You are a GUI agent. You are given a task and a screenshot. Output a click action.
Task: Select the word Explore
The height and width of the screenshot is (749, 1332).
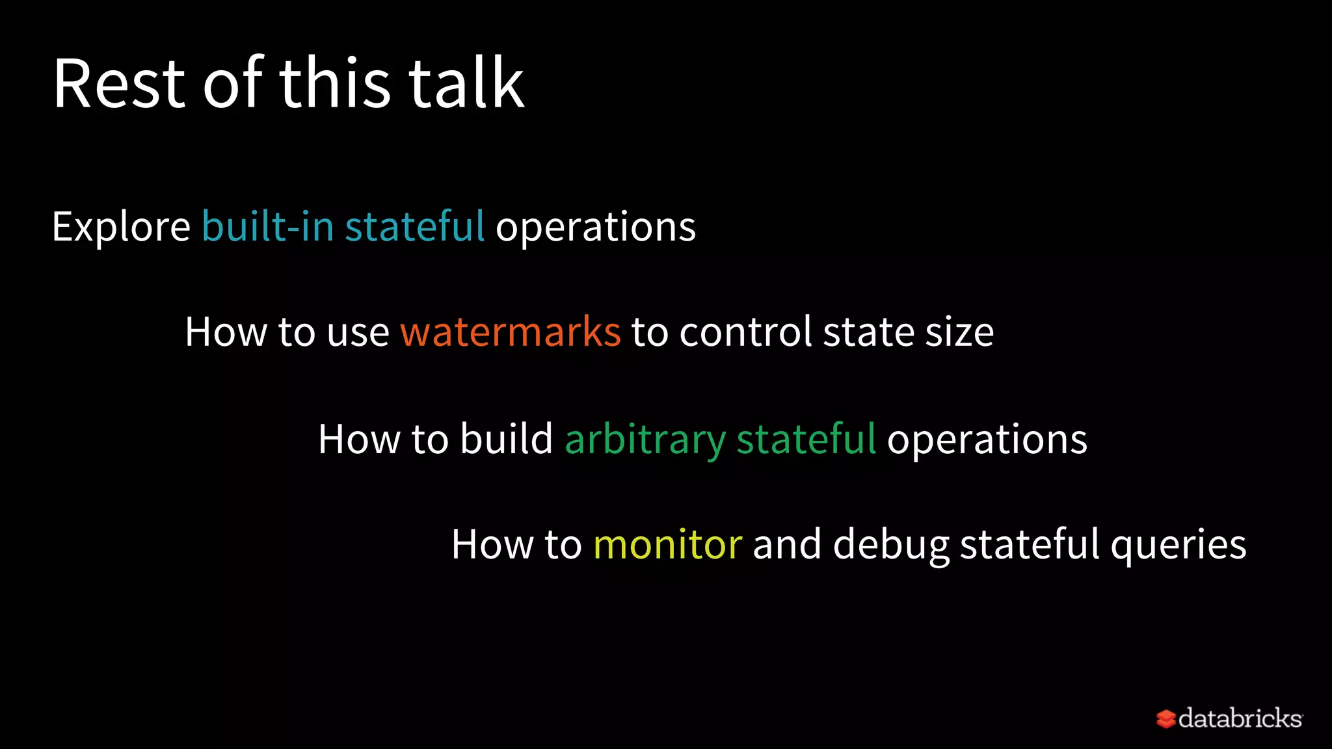point(121,227)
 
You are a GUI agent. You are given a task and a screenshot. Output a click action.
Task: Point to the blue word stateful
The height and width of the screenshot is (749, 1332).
point(414,227)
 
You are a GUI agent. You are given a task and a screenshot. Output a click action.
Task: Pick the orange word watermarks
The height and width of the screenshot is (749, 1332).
point(511,332)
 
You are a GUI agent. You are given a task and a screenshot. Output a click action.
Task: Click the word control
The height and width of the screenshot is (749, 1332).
point(745,332)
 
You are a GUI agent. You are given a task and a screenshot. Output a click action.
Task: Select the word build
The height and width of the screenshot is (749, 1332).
point(507,439)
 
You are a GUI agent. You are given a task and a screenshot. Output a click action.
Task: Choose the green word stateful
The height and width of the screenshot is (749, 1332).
point(806,439)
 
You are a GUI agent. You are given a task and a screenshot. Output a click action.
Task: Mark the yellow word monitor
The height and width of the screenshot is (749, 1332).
point(667,544)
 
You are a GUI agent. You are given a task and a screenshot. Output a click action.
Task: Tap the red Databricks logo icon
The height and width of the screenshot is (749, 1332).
point(1165,718)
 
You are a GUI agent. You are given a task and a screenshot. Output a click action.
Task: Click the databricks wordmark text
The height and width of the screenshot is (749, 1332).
point(1240,718)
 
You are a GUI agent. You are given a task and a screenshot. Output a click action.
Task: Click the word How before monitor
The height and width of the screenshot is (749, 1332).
point(492,544)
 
